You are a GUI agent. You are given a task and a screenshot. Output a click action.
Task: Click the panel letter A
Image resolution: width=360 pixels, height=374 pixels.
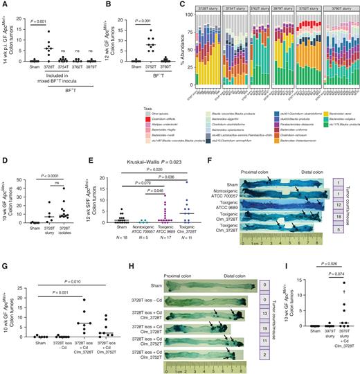click(x=4, y=5)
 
